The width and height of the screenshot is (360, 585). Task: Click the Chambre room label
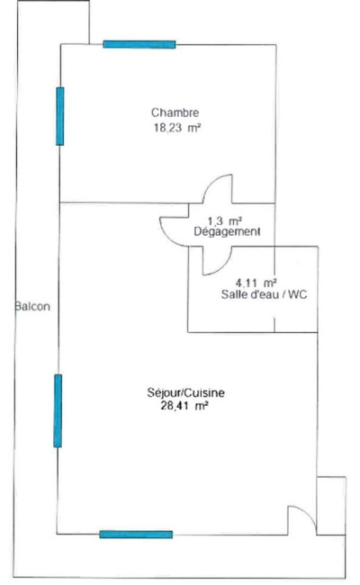(175, 112)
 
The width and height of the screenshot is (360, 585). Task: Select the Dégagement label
(227, 231)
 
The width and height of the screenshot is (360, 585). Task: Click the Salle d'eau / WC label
(264, 294)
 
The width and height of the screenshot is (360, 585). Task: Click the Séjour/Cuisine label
(185, 393)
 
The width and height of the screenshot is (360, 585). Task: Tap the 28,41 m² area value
(184, 406)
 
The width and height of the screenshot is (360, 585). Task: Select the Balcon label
(32, 307)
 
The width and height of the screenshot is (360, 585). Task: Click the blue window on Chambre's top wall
(139, 44)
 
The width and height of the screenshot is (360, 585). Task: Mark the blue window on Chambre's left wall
(59, 116)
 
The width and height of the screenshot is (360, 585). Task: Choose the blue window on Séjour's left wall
(58, 410)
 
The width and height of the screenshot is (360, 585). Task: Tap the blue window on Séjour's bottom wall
(136, 535)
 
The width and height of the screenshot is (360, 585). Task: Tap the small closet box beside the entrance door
(331, 506)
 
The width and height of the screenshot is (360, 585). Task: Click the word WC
(298, 294)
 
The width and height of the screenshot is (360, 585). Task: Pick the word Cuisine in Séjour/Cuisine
(205, 393)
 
